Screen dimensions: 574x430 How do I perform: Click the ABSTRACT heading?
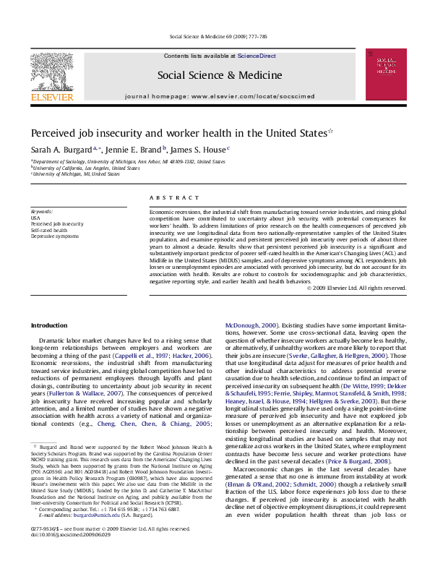[174, 197]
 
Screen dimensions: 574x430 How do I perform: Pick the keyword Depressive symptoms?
[55, 236]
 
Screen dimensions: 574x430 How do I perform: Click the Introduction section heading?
[49, 325]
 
